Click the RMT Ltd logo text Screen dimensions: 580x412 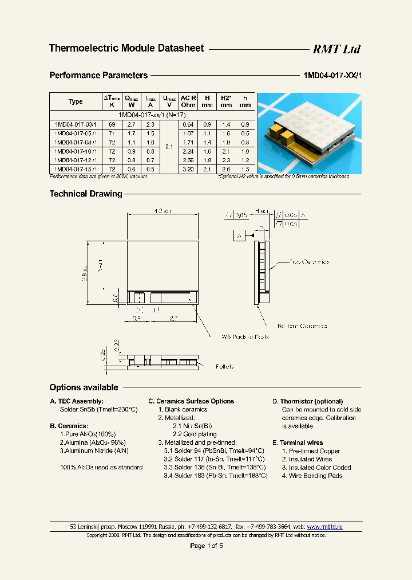(336, 49)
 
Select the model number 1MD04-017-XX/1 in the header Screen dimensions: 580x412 (331, 75)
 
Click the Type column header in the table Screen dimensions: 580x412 (76, 101)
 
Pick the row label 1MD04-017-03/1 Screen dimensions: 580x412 (76, 124)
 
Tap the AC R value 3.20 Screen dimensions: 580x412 (188, 170)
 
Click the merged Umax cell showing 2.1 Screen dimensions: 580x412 (169, 147)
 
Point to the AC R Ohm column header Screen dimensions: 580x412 (188, 101)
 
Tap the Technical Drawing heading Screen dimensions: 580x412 (86, 194)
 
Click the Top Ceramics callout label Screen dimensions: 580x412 (309, 262)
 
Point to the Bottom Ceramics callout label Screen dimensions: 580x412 (302, 326)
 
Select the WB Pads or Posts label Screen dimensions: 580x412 (245, 336)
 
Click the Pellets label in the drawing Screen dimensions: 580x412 (224, 366)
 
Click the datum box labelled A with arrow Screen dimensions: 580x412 (239, 236)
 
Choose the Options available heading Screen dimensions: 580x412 (84, 387)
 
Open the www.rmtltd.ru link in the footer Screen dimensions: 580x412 (324, 526)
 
